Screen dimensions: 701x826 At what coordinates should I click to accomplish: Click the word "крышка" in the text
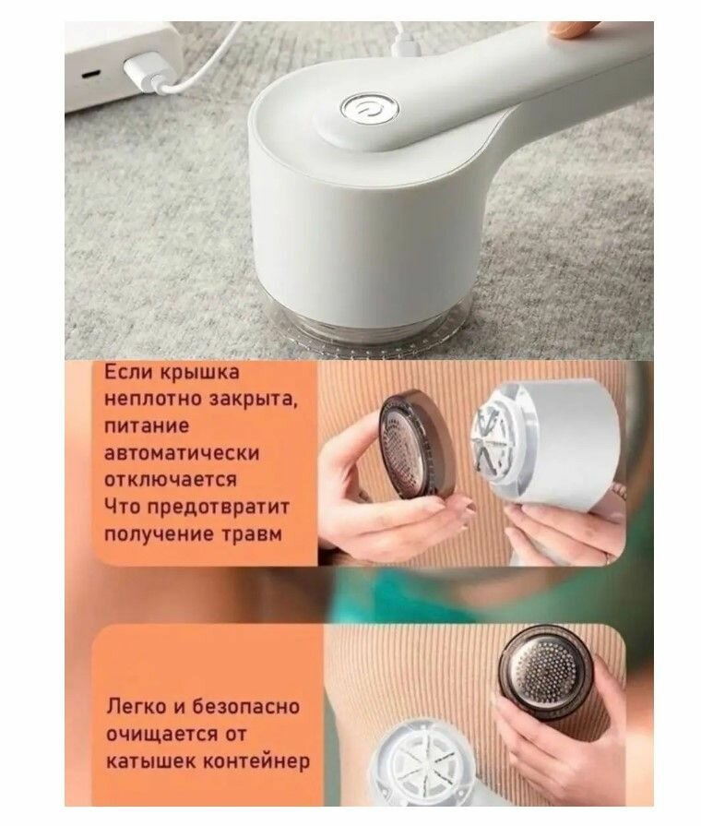click(x=199, y=373)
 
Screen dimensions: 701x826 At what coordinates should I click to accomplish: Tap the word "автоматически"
click(x=182, y=453)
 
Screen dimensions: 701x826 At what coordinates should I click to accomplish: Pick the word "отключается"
click(x=171, y=480)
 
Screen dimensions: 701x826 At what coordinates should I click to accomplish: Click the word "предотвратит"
click(x=218, y=508)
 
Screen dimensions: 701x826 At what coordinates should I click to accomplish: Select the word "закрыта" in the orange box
click(x=254, y=400)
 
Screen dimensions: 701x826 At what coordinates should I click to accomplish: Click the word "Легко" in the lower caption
click(x=137, y=707)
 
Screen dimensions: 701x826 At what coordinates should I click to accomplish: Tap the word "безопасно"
click(x=245, y=706)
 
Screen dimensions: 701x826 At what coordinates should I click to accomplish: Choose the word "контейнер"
click(x=256, y=761)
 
